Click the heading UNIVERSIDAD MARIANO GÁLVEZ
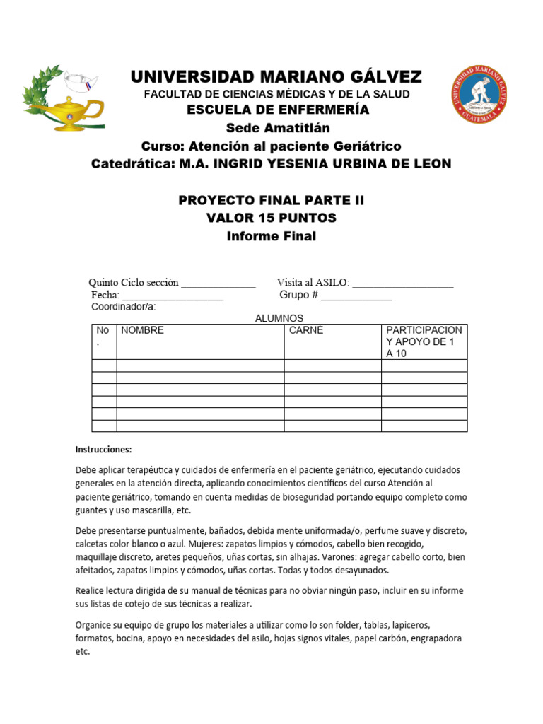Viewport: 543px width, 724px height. [276, 76]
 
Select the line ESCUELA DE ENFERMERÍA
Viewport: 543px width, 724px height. [278, 110]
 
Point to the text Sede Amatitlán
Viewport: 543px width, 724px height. [278, 128]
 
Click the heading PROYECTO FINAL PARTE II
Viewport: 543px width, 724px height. [271, 200]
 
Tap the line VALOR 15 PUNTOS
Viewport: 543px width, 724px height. [271, 218]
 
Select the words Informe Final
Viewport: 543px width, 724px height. [271, 236]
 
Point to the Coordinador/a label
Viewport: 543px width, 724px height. [124, 307]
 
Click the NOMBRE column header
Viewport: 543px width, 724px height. [143, 330]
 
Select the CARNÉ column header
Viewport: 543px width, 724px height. [306, 330]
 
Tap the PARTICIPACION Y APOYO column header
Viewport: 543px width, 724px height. [424, 341]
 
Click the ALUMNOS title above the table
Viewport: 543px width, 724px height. [279, 319]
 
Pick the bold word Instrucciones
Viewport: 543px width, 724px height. [103, 450]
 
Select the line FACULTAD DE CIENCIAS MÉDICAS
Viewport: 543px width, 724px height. [276, 94]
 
